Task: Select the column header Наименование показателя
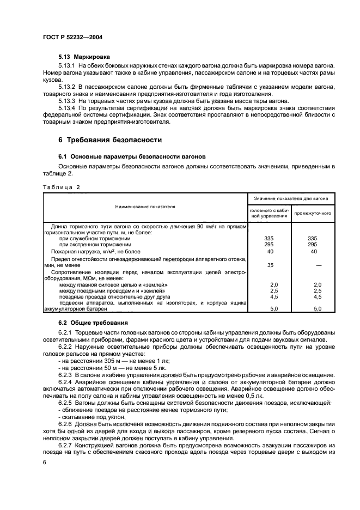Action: pos(145,207)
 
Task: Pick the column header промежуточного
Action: pos(313,214)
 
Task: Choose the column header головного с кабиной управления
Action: pos(269,214)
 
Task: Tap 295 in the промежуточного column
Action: pos(313,245)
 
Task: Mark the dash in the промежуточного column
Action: pos(313,265)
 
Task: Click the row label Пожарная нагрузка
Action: pos(95,252)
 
